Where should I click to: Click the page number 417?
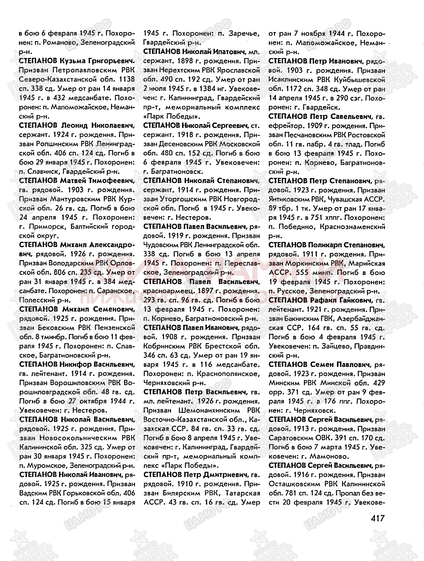[377, 518]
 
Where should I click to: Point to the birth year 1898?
[185, 61]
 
